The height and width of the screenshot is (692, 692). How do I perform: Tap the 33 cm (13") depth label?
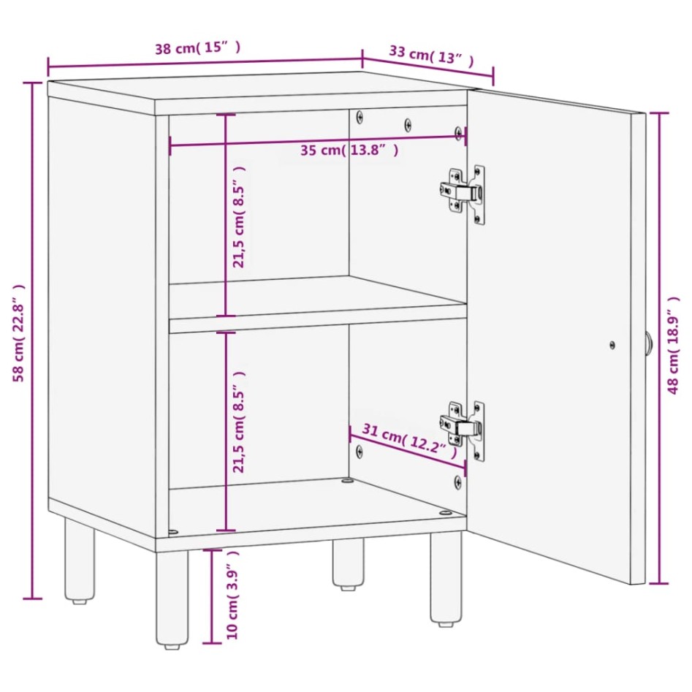tap(430, 56)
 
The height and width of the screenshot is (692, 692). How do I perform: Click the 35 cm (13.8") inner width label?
tap(349, 151)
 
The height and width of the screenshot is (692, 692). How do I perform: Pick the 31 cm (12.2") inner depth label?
tap(403, 440)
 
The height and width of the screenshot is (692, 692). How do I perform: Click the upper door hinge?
tap(463, 192)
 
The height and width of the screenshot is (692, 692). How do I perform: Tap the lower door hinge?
tap(462, 428)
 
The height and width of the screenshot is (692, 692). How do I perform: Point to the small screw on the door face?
tap(612, 344)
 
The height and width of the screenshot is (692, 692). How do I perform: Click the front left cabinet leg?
tap(172, 599)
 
